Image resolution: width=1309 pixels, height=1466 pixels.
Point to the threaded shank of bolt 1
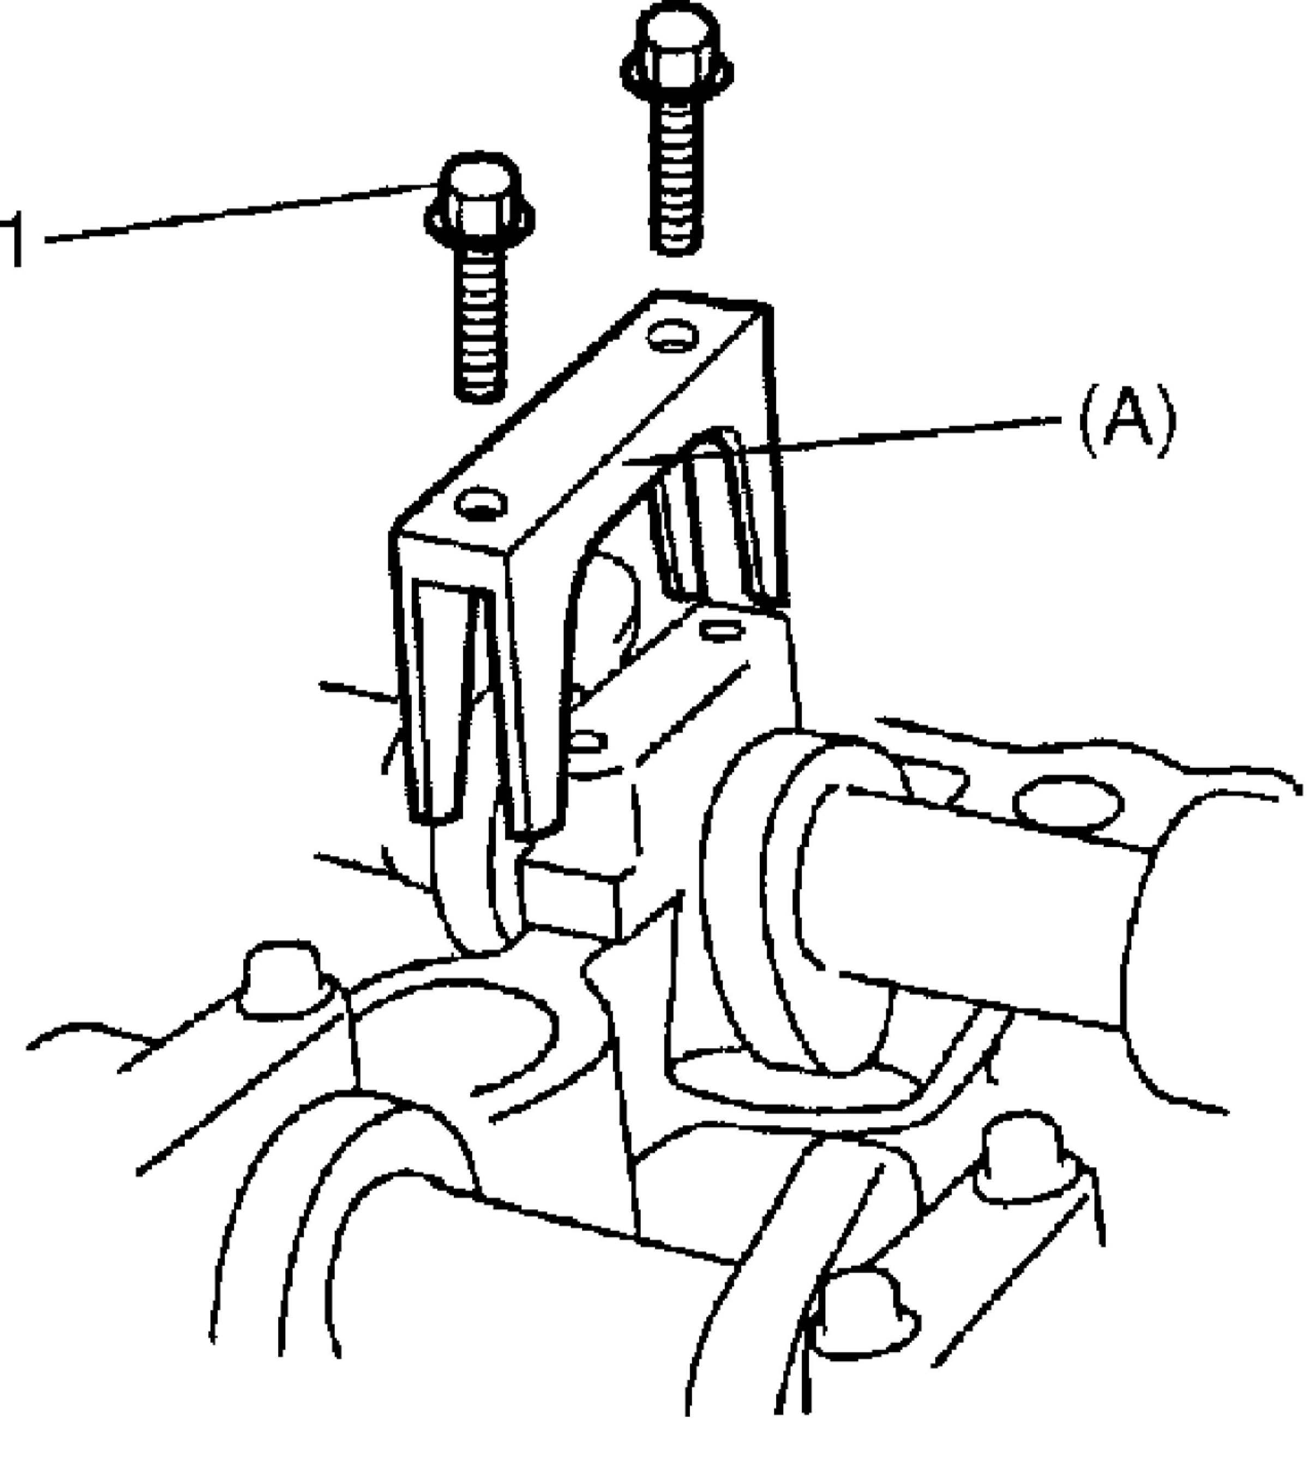coord(478,324)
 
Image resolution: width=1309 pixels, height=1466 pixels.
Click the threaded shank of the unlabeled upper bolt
coord(676,180)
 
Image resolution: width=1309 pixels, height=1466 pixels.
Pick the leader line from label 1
coord(237,212)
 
